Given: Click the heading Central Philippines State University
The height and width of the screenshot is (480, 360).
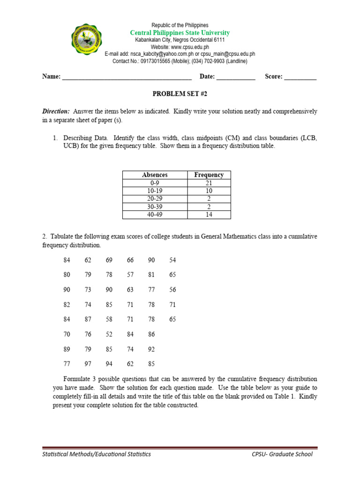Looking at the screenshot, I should [x=180, y=33].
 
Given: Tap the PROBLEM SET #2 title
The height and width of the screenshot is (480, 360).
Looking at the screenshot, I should [x=180, y=94].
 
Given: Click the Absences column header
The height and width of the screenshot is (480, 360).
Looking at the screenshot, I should [x=155, y=175].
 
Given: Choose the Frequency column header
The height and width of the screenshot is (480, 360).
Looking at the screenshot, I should [x=209, y=175].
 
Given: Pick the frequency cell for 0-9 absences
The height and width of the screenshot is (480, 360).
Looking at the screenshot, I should [x=209, y=183].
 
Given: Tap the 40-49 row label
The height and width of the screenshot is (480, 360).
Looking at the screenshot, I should [x=155, y=215].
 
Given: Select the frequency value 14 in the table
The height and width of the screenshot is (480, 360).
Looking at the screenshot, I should [x=209, y=215].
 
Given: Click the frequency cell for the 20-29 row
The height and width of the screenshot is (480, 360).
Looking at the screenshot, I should [x=209, y=199].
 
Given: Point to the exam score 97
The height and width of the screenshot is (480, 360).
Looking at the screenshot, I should [x=88, y=364].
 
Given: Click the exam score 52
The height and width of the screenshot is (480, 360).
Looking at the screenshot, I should [x=109, y=334].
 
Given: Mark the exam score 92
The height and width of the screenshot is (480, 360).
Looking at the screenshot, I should [x=151, y=349].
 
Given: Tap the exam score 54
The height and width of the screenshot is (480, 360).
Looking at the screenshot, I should [x=172, y=260].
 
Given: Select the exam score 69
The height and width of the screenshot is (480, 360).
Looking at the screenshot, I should [x=109, y=260].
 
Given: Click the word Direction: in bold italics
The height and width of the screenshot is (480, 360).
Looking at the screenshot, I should [x=56, y=112].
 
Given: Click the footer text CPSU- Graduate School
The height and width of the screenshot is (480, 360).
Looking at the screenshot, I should [x=281, y=454].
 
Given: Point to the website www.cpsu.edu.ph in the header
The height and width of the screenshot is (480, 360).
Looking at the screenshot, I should [x=190, y=47].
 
